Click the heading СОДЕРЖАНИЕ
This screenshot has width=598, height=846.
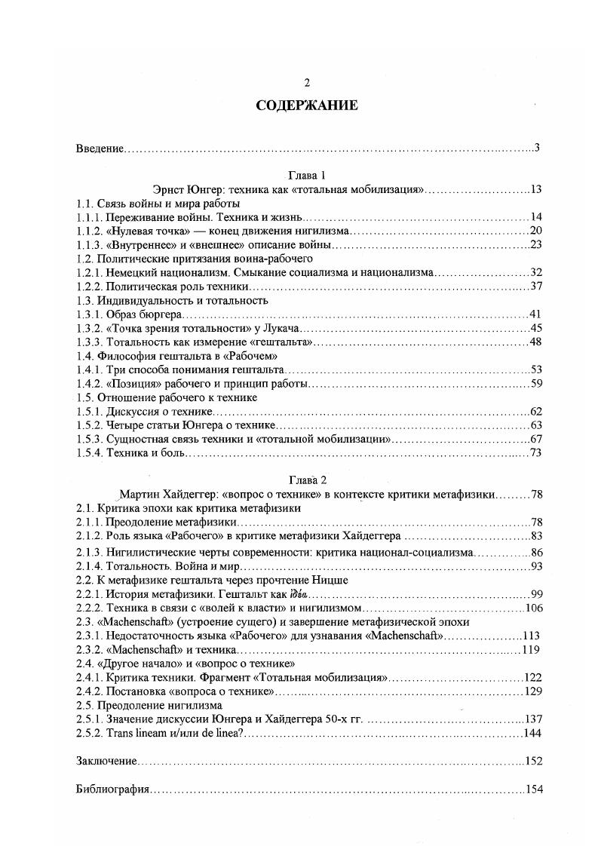(x=306, y=106)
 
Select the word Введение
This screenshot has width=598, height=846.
(x=100, y=148)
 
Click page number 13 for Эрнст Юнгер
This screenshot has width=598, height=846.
(x=536, y=189)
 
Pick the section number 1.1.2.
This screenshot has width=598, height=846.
(x=90, y=231)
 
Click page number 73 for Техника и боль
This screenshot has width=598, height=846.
(x=536, y=452)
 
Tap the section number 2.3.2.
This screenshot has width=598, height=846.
(x=90, y=649)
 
